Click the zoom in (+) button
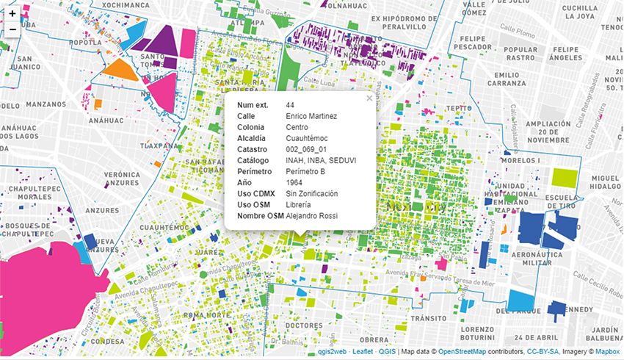pos(12,13)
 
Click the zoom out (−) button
pos(12,29)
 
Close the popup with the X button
pos(369,98)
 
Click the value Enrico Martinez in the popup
pos(311,115)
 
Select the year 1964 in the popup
pos(294,182)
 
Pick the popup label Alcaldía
pos(252,137)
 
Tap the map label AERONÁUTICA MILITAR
pos(540,258)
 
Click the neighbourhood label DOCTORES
pos(303,325)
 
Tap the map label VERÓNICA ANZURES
pos(122,179)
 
